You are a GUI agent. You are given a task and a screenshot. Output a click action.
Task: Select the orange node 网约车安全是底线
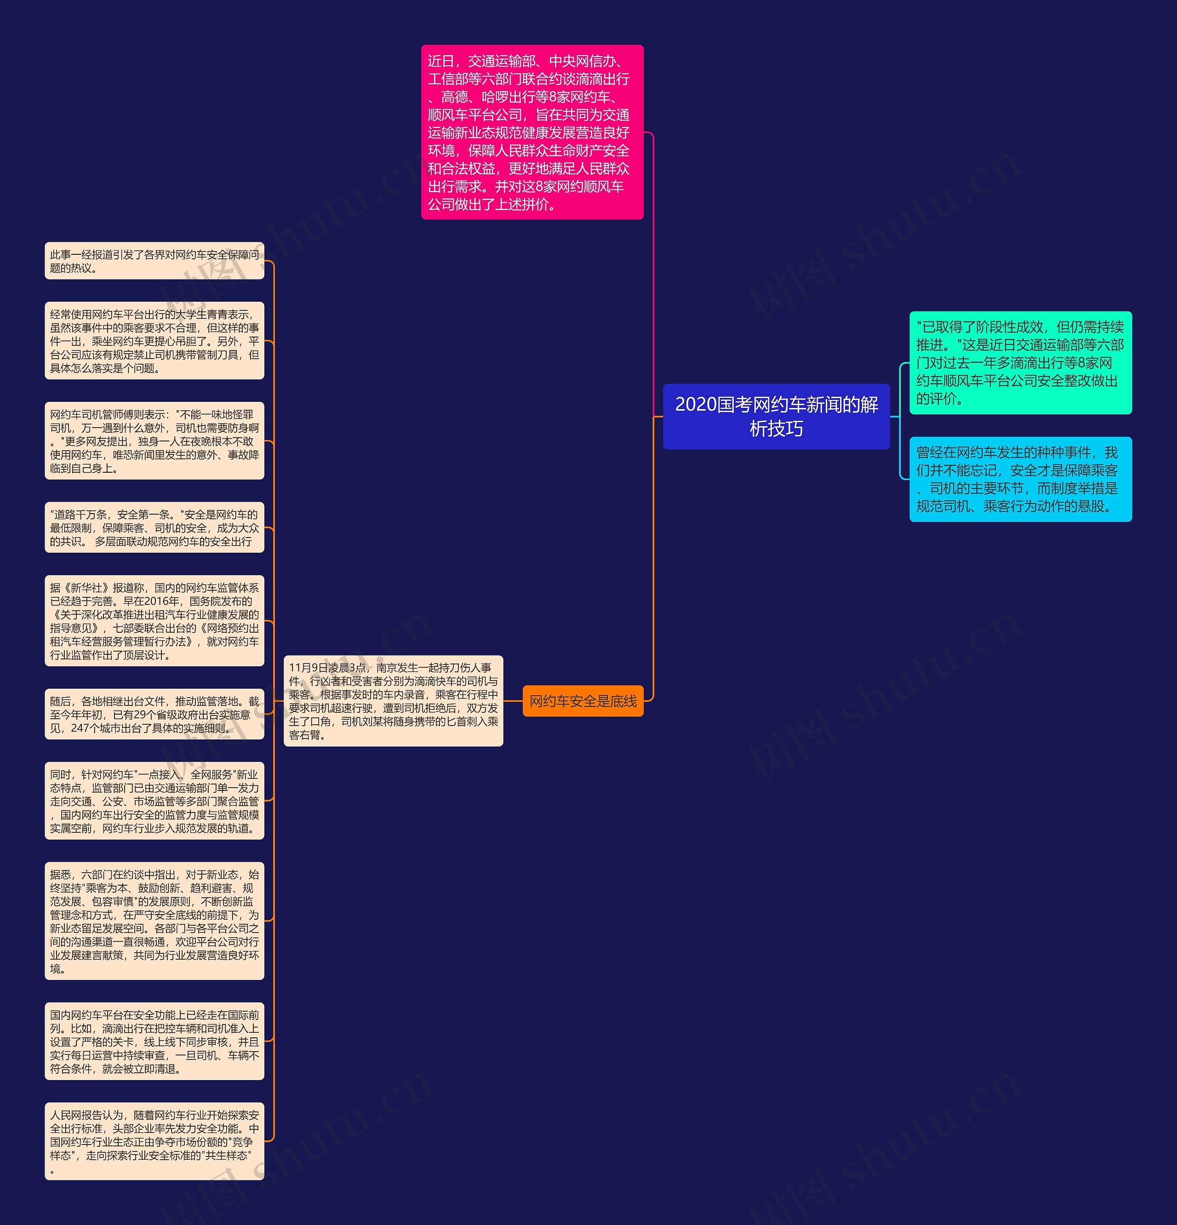tap(583, 701)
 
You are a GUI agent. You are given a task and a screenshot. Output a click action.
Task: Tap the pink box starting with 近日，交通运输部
tap(532, 132)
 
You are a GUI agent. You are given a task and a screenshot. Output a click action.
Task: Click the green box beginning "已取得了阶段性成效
tap(1020, 362)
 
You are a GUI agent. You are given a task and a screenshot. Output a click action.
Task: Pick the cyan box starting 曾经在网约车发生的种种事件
tap(1020, 479)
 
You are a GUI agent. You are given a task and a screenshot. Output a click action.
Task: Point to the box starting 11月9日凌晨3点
tap(393, 701)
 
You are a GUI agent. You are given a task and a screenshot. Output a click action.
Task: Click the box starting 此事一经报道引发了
tap(154, 261)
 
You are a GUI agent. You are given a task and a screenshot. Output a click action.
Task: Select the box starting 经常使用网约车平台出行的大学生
tap(154, 341)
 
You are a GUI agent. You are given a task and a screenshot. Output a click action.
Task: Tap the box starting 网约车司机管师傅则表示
tap(154, 441)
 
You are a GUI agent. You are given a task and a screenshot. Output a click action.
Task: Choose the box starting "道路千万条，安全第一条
tap(154, 527)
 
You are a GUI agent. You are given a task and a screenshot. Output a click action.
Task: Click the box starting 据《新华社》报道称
tap(154, 621)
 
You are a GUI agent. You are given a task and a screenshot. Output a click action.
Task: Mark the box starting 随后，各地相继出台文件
tap(154, 715)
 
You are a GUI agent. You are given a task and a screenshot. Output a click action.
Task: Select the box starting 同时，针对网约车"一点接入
tap(154, 801)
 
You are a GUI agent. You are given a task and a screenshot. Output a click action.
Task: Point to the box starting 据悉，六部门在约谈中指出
tap(154, 921)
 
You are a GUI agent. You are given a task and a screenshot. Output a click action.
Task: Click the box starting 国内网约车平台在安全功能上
tap(154, 1041)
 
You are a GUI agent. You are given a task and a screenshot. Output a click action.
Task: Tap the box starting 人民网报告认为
tap(154, 1141)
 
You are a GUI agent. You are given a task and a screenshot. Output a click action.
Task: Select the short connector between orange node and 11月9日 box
tap(513, 701)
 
